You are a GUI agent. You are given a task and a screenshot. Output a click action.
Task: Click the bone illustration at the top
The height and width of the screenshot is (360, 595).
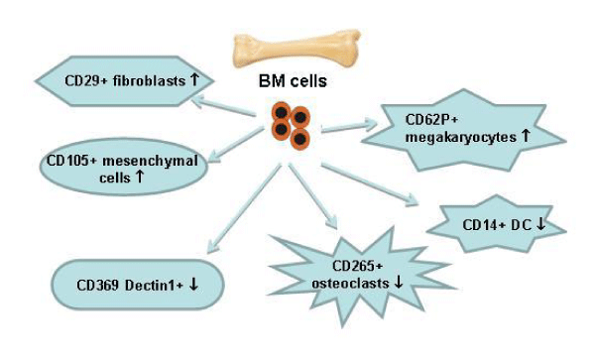tap(297, 49)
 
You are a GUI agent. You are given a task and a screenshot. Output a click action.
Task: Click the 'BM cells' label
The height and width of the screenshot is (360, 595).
tap(293, 81)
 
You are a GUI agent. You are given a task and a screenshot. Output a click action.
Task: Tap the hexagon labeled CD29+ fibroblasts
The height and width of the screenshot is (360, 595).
tap(125, 80)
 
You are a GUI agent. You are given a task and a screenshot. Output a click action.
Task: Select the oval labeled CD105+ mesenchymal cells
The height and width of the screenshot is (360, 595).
tap(124, 167)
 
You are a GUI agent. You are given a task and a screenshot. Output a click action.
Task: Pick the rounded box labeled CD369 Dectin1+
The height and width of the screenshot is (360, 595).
tap(138, 285)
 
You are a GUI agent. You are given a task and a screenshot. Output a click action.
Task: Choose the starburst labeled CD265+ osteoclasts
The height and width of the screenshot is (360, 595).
tap(361, 277)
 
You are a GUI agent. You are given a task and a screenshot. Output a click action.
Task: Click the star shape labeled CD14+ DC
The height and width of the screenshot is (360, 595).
tap(497, 224)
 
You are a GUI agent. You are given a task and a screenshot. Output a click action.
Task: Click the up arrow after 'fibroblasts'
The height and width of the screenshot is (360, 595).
tap(194, 79)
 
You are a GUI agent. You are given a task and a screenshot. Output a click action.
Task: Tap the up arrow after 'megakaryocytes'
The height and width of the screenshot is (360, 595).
tap(526, 136)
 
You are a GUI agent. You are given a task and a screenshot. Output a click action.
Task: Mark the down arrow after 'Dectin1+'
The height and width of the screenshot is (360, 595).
tap(193, 284)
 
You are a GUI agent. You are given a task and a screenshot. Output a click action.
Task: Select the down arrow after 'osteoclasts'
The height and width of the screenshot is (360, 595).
tap(399, 283)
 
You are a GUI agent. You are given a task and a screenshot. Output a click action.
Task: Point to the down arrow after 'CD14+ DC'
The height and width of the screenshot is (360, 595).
tap(540, 224)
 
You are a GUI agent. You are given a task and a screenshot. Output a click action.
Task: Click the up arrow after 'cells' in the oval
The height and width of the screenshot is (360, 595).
tap(139, 176)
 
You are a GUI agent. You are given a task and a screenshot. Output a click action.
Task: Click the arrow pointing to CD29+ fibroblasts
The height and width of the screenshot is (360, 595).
tap(223, 105)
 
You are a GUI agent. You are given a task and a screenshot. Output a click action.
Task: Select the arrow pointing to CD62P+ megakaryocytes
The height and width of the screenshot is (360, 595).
tap(349, 126)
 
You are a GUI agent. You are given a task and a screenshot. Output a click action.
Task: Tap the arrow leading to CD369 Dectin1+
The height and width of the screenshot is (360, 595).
tap(244, 208)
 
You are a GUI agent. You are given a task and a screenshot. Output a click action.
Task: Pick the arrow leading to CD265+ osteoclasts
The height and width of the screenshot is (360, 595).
tap(312, 196)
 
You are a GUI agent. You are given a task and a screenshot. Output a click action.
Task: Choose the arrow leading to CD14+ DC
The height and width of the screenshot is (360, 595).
tap(370, 184)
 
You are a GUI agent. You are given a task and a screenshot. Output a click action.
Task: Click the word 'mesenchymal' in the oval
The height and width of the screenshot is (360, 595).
tap(151, 161)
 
